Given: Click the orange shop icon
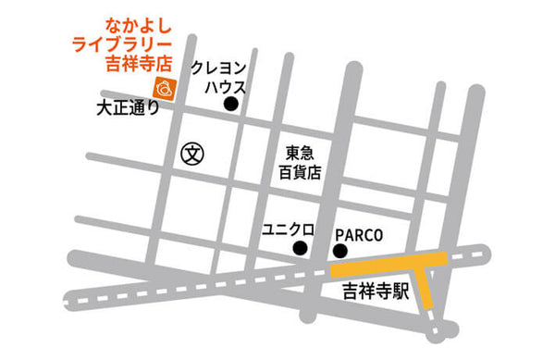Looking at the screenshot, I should tap(163, 89).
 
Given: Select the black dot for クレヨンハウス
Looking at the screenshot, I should tap(231, 106).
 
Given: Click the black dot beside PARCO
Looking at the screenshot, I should tap(340, 251).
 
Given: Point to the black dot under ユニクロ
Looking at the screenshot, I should tap(300, 250).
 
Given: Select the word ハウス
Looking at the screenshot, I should tap(226, 87).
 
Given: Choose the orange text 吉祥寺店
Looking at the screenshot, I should tap(140, 64).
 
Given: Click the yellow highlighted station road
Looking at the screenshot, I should tap(388, 268).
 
